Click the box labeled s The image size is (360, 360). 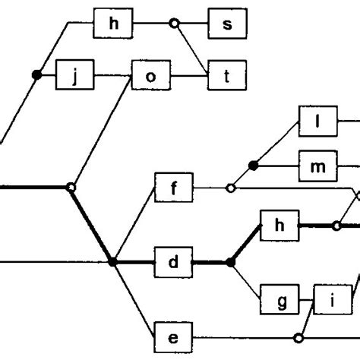[x=225, y=24]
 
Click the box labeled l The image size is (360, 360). [x=319, y=121]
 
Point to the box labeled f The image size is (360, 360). [x=173, y=188]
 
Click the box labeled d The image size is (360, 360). [x=173, y=262]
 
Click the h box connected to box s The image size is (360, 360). [x=114, y=24]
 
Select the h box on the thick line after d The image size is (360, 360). [x=279, y=225]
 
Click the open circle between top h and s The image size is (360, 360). [x=174, y=24]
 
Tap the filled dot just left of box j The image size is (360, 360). [x=36, y=74]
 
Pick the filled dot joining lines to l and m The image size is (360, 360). [x=254, y=164]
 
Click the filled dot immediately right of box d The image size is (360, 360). [x=231, y=262]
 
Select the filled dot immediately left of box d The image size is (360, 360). [x=113, y=262]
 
